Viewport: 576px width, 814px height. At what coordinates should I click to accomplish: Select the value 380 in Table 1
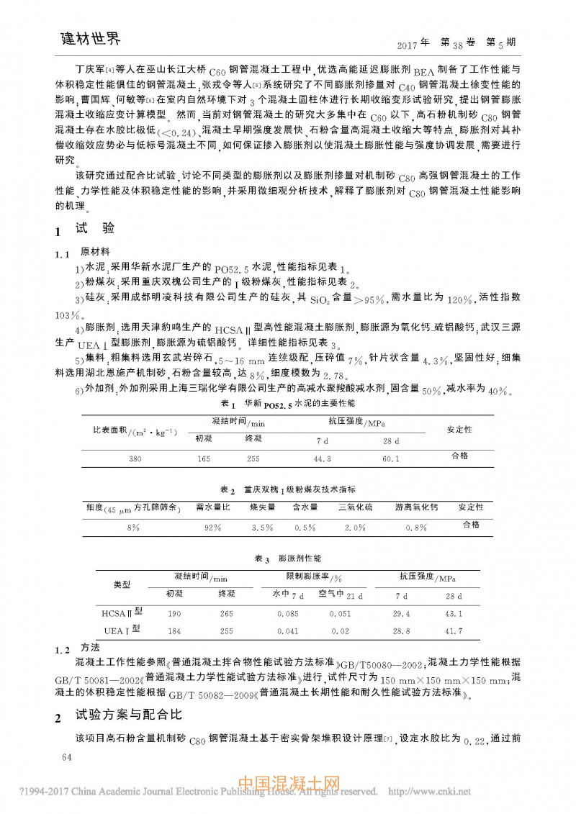tap(135, 458)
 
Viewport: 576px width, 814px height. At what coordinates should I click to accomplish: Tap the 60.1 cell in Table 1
tap(391, 458)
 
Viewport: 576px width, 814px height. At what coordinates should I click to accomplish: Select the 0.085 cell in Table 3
tap(288, 614)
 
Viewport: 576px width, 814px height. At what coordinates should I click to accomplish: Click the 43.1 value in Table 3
tap(454, 614)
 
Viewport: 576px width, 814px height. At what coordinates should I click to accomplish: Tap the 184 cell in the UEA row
tap(174, 631)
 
